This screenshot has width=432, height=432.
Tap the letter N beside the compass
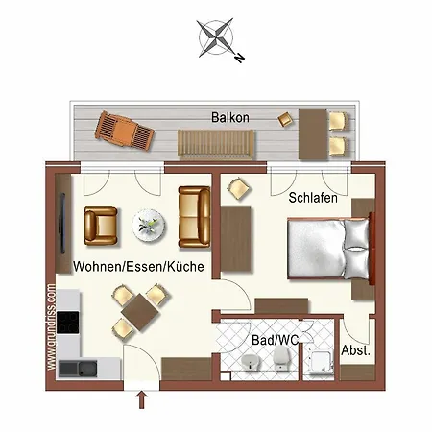click(237, 58)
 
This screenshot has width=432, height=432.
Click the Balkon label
click(230, 117)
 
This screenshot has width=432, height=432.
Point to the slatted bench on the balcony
click(216, 144)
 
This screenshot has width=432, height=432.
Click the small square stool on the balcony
click(284, 119)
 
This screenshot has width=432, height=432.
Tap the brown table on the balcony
click(313, 132)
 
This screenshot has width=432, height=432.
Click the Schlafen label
click(312, 198)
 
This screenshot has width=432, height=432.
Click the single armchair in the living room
click(101, 225)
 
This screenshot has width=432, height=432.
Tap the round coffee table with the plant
click(150, 225)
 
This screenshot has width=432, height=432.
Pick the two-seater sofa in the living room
click(194, 215)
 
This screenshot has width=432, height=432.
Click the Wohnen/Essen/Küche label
click(138, 268)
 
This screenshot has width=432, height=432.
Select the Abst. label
click(355, 351)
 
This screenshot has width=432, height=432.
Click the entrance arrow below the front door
click(142, 400)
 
